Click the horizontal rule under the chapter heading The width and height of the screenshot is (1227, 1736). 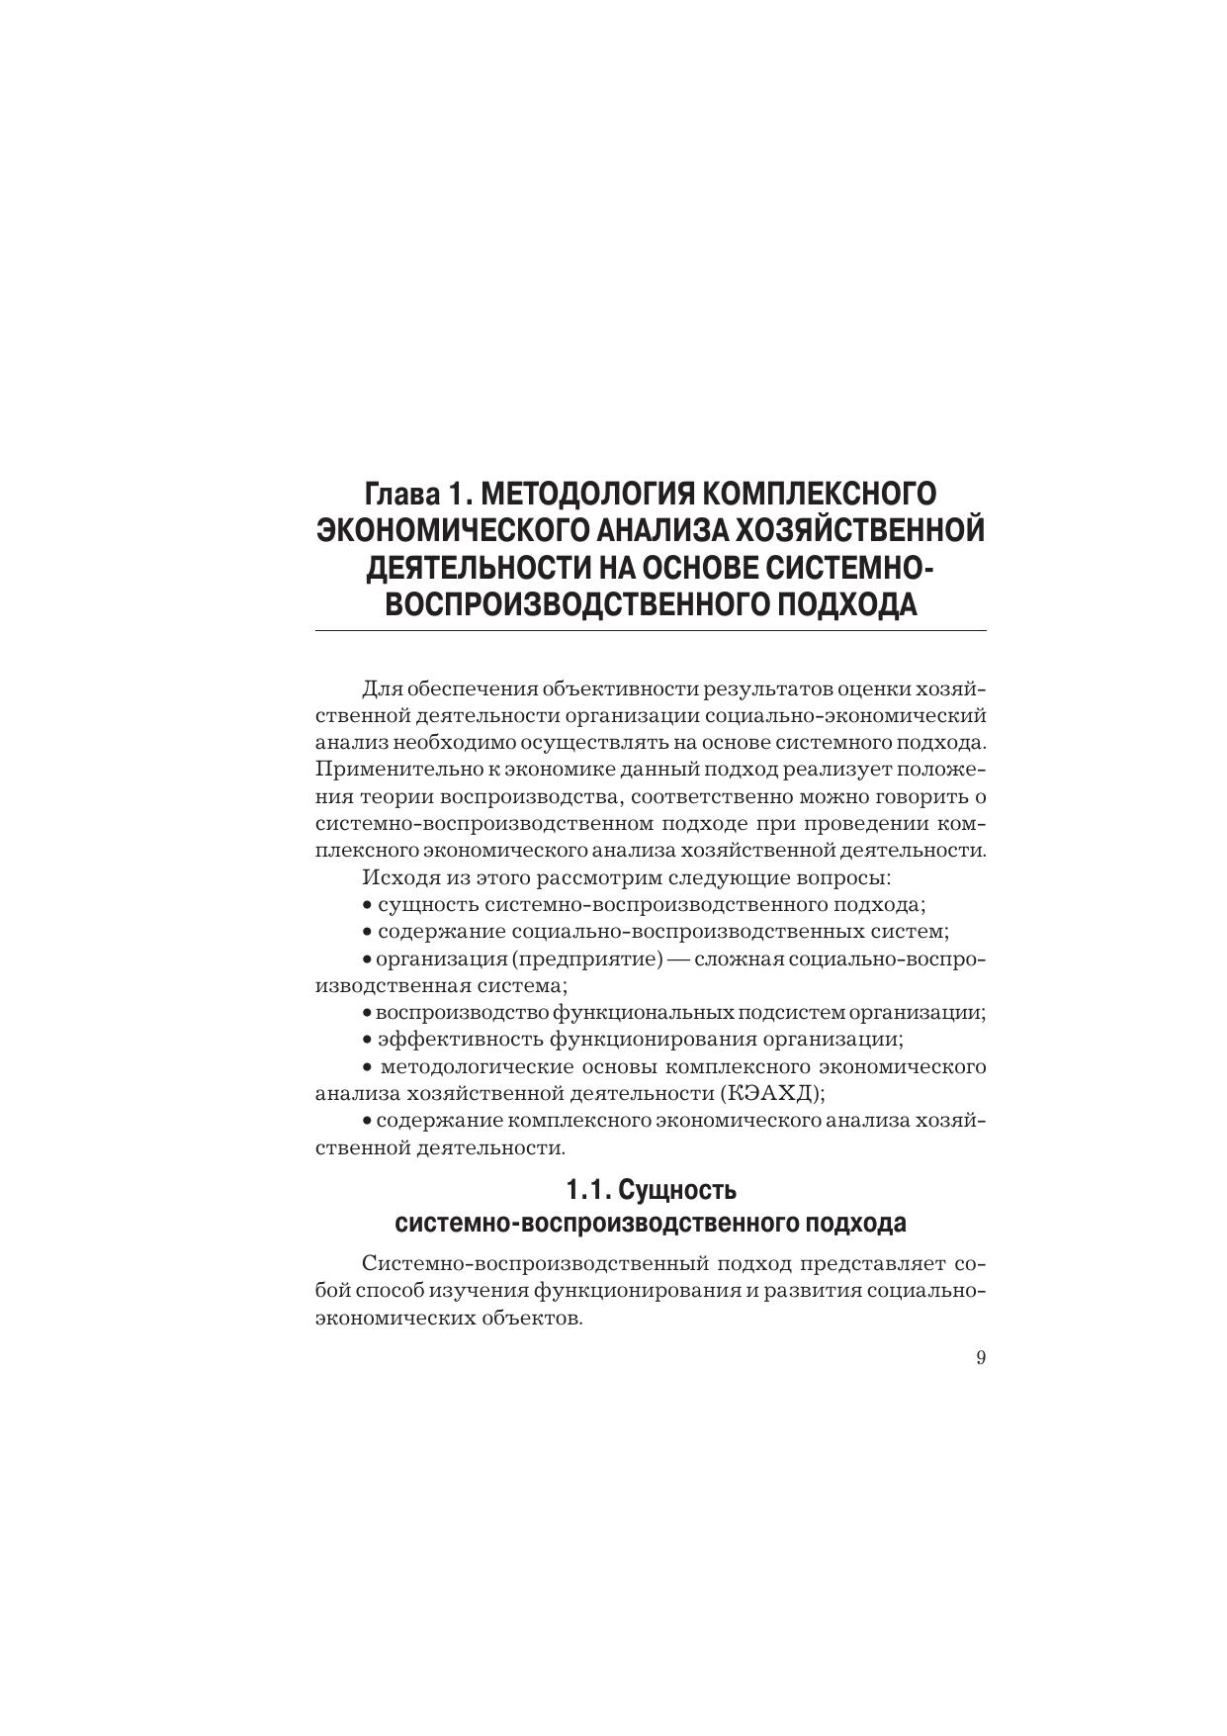tap(651, 630)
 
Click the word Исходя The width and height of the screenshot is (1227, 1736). tap(393, 877)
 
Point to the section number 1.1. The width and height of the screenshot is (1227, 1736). tap(587, 1188)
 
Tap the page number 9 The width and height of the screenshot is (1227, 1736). tap(981, 1358)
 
